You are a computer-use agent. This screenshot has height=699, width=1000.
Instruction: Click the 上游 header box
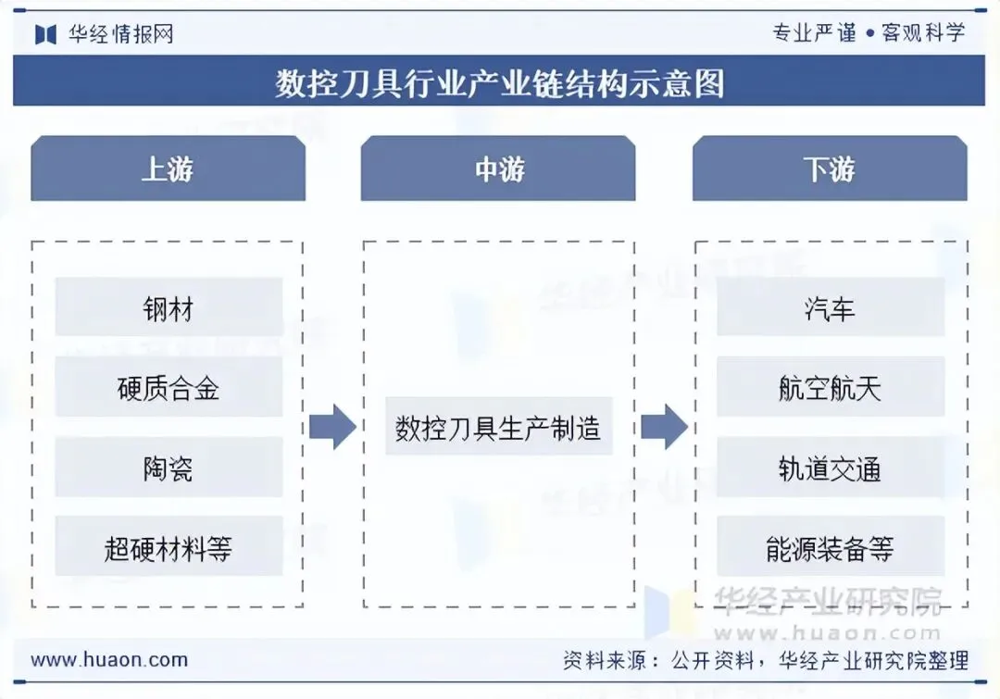pyautogui.click(x=168, y=169)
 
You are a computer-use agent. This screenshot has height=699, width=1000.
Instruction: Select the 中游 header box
pyautogui.click(x=498, y=169)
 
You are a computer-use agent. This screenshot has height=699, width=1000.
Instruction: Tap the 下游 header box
pyautogui.click(x=830, y=169)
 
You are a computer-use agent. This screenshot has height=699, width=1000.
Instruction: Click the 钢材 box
pyautogui.click(x=169, y=307)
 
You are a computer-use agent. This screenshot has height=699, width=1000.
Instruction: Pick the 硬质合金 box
pyautogui.click(x=169, y=387)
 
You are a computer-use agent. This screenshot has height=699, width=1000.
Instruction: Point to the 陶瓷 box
pyautogui.click(x=169, y=468)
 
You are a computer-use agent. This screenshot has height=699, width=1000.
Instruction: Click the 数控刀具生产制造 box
pyautogui.click(x=498, y=428)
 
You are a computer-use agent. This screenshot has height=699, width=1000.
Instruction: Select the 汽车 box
pyautogui.click(x=831, y=307)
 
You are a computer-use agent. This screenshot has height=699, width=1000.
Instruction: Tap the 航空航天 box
pyautogui.click(x=831, y=387)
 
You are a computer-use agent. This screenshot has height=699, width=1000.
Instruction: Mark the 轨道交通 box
pyautogui.click(x=831, y=468)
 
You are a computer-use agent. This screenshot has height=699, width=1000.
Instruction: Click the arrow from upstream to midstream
pyautogui.click(x=332, y=427)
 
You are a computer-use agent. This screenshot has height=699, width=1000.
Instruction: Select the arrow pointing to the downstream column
pyautogui.click(x=664, y=427)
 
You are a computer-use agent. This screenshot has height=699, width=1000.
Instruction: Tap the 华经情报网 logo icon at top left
pyautogui.click(x=46, y=34)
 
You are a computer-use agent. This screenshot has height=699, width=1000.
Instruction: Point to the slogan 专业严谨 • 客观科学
pyautogui.click(x=869, y=33)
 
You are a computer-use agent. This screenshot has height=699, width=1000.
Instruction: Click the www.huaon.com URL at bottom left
pyautogui.click(x=109, y=660)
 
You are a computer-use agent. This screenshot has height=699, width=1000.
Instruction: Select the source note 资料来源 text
pyautogui.click(x=766, y=660)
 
